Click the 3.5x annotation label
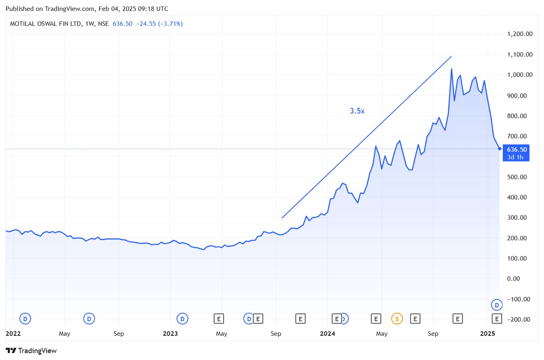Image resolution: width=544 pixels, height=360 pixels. (357, 111)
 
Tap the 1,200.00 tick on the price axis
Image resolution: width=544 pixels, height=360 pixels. (521, 34)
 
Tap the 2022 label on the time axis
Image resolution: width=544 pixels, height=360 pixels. (13, 334)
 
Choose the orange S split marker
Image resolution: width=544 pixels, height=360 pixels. (397, 319)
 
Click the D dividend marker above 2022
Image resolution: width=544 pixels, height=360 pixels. (25, 319)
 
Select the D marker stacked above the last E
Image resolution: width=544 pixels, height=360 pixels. (497, 304)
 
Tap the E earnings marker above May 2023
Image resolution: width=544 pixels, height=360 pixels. (219, 319)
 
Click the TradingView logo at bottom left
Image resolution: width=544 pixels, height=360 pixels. (31, 350)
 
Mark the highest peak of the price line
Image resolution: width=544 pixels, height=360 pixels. (451, 69)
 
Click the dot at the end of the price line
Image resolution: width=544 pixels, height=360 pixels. (500, 149)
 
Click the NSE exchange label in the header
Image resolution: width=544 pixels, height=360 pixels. (103, 24)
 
